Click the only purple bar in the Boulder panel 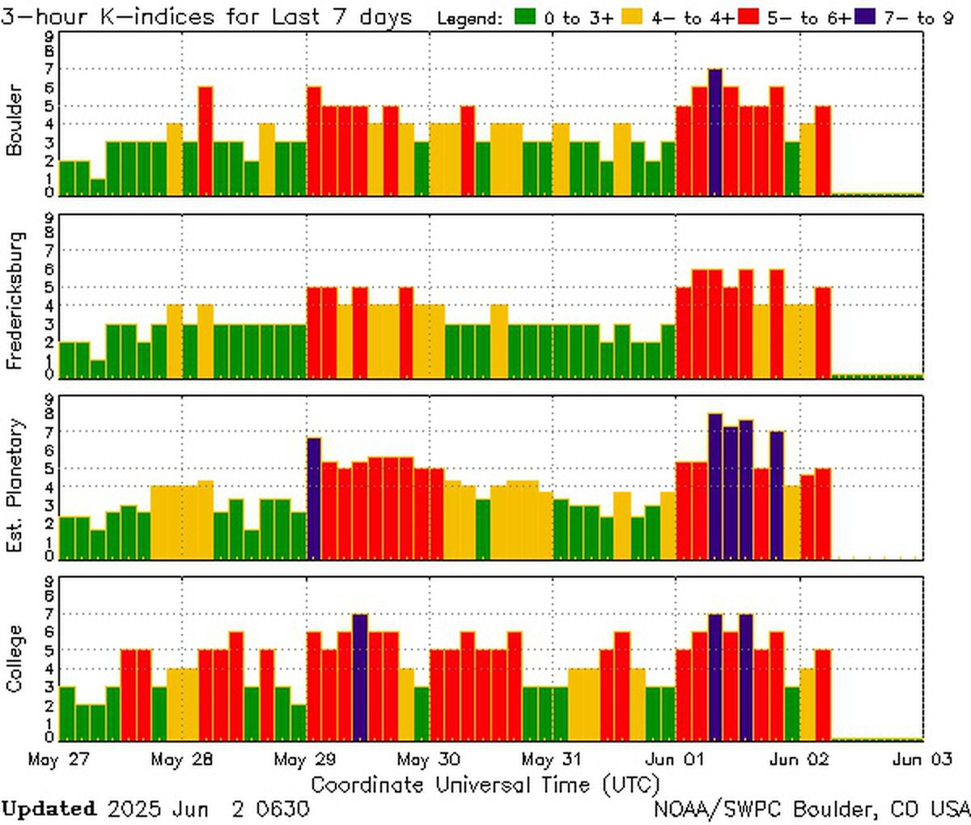[714, 133]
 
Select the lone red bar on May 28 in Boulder [206, 141]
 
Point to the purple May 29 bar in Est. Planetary [314, 498]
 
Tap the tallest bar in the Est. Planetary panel [714, 486]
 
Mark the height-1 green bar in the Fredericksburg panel [98, 369]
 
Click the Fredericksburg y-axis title [15, 301]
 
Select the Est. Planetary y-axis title [15, 485]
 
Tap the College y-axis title [15, 658]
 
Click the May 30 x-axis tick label [430, 760]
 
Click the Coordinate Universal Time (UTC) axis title [485, 785]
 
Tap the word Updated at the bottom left [49, 809]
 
